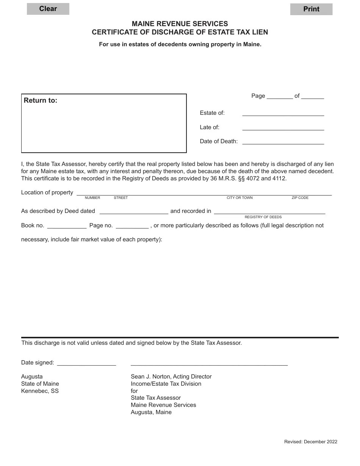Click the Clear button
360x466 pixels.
point(48,9)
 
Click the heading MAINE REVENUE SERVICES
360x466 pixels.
point(180,24)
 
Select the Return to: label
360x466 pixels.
point(41,100)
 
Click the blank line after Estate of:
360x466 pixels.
point(283,113)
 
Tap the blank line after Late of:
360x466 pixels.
point(283,127)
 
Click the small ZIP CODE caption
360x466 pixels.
point(300,198)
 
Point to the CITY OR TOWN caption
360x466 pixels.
point(239,198)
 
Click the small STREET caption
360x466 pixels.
point(121,198)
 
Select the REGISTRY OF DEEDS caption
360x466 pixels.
point(263,217)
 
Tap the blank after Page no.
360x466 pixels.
point(132,226)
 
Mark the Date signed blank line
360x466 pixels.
point(86,363)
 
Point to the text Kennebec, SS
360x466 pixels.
point(40,391)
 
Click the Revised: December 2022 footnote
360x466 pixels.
point(310,441)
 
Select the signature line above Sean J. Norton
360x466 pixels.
point(209,363)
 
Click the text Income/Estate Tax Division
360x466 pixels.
point(166,384)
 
